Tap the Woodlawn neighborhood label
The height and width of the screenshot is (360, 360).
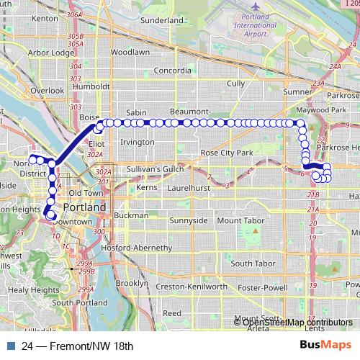130,53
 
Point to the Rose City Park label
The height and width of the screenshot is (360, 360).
227,153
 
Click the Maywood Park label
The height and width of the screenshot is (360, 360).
323,110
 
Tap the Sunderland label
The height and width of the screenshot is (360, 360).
163,21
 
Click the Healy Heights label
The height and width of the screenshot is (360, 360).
34,290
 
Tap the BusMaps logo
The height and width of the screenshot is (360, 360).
325,345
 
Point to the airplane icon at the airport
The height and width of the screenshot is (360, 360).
256,7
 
